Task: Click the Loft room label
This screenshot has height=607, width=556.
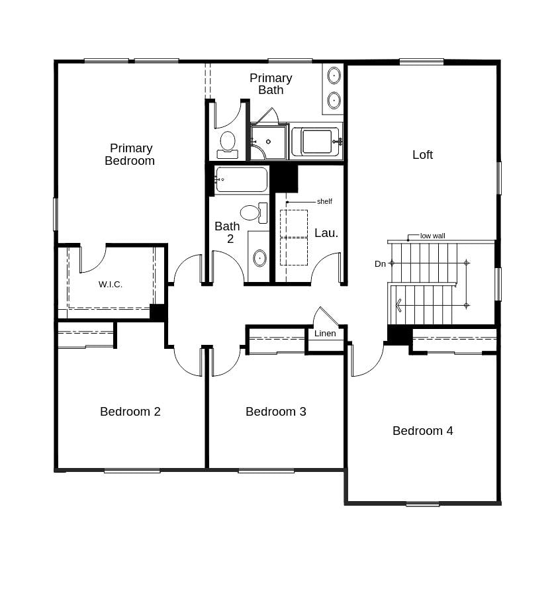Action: (422, 155)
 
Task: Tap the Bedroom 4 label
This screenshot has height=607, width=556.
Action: (422, 431)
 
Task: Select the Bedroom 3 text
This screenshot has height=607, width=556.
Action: (275, 412)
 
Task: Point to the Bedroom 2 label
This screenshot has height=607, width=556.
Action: (130, 412)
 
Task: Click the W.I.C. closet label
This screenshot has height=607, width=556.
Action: (111, 284)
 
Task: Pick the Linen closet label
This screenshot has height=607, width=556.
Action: (325, 334)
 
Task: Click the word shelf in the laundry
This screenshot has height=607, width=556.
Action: (324, 201)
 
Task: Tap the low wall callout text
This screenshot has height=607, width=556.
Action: (432, 236)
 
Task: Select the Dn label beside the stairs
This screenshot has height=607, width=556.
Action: (380, 263)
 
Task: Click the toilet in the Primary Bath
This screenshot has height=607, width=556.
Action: (227, 145)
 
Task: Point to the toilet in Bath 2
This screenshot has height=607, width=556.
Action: (254, 213)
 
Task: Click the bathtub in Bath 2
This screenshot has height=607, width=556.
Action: (241, 179)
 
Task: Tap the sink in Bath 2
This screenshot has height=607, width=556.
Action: (260, 257)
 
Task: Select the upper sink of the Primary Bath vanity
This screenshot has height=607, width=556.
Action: (334, 75)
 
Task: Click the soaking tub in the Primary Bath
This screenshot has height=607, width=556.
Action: (316, 141)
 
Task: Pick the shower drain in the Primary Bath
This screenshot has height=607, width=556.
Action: (268, 142)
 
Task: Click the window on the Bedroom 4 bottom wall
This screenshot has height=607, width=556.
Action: (422, 504)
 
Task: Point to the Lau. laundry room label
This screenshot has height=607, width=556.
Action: (326, 233)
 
